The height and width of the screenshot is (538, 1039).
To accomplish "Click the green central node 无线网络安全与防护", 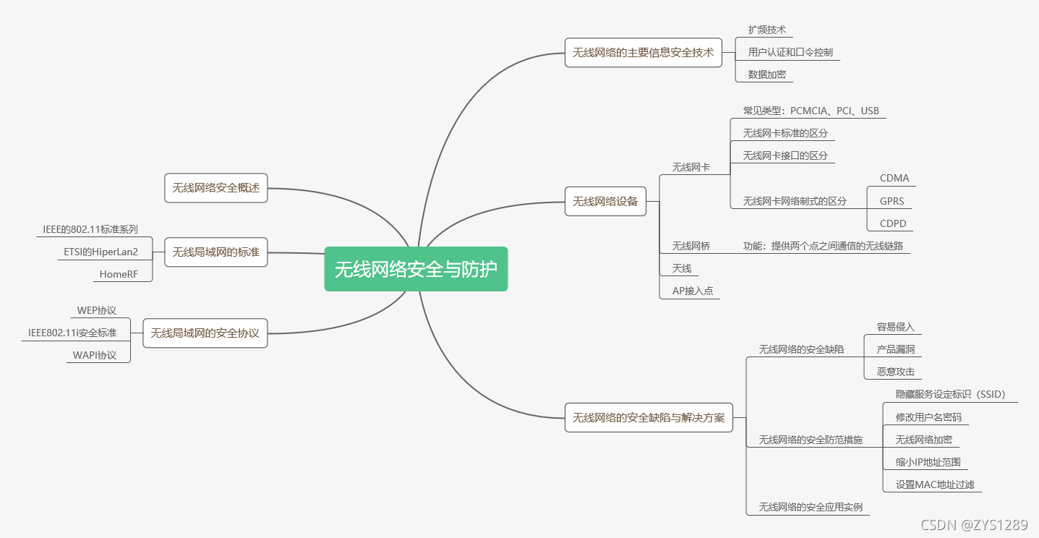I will (416, 269).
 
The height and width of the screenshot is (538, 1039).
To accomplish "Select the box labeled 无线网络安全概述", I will (215, 188).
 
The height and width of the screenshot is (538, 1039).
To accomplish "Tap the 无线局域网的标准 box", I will (215, 252).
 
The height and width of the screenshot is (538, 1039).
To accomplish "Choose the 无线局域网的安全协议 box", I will (205, 333).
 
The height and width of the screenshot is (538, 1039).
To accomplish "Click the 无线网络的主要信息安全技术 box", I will (643, 52).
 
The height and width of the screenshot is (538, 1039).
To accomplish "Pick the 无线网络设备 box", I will (605, 201).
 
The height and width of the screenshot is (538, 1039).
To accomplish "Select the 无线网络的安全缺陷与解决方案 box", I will (648, 417).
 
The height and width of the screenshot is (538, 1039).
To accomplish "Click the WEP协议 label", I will (97, 310).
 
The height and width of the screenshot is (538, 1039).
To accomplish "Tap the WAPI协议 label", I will (95, 355).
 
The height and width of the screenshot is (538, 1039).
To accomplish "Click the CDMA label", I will (894, 178).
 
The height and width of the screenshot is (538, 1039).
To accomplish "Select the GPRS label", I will (892, 201).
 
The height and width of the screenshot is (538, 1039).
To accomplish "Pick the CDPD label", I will (893, 223).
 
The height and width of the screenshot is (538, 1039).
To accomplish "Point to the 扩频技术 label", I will (766, 30).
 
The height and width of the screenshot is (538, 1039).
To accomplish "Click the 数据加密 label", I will (766, 74).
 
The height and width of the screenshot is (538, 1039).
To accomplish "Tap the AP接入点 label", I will (692, 291).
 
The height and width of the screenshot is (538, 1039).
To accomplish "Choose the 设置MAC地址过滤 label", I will (935, 484).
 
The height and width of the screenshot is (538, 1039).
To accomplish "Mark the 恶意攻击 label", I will (895, 372).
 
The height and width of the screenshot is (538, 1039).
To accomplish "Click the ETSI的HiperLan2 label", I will (101, 252).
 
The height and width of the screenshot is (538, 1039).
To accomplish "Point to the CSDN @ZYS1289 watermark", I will (975, 525).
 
